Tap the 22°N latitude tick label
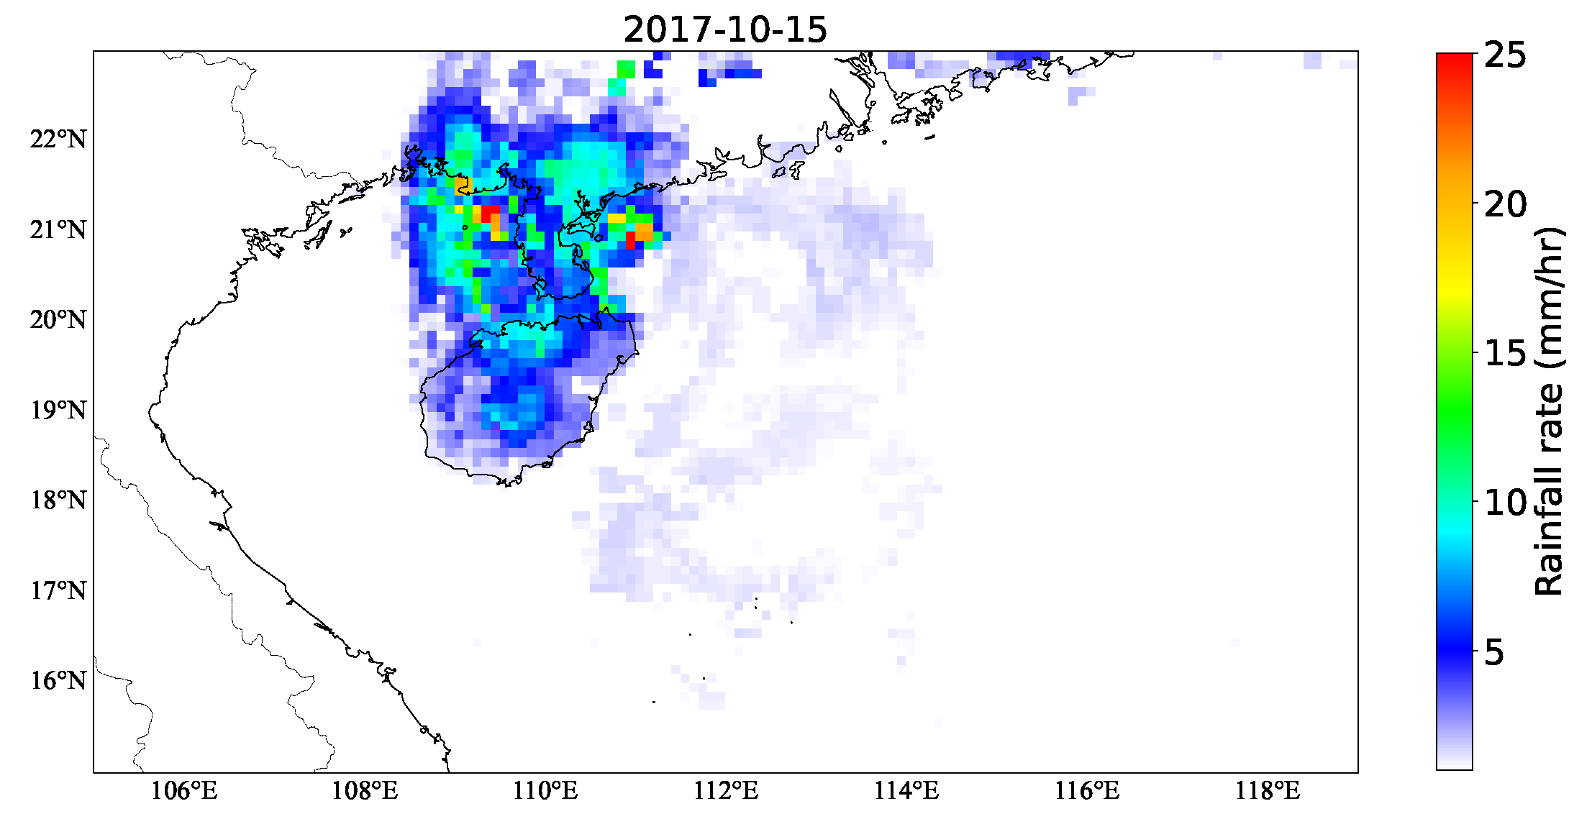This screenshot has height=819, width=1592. (x=58, y=139)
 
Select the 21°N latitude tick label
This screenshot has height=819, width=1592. (x=58, y=229)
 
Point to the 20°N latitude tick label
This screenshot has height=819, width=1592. (x=58, y=319)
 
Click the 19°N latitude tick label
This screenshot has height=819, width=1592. (x=58, y=410)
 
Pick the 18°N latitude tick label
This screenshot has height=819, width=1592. (x=58, y=500)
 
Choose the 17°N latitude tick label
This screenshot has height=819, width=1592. (x=58, y=590)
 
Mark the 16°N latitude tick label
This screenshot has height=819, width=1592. (x=58, y=680)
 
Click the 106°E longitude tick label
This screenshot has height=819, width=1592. (x=184, y=791)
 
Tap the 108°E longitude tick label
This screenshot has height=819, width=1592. (x=365, y=791)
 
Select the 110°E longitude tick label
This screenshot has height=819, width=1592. (x=545, y=791)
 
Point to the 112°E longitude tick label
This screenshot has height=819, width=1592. (x=726, y=791)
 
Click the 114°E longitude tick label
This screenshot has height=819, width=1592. (x=906, y=791)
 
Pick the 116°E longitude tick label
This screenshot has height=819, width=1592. (x=1087, y=791)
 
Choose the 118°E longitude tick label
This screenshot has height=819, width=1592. (x=1268, y=791)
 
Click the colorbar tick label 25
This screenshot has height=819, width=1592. (x=1505, y=55)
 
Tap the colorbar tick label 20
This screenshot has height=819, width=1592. (x=1505, y=205)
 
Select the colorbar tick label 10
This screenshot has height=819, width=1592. (x=1505, y=503)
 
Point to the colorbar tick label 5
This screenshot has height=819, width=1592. (x=1494, y=652)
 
